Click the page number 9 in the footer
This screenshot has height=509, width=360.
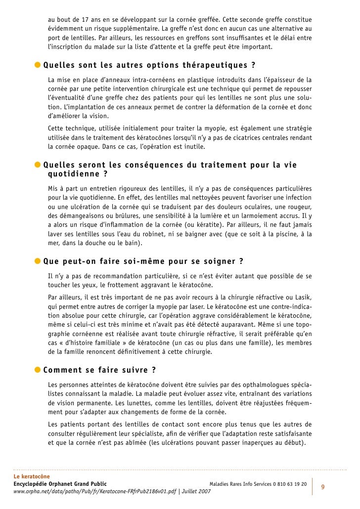pos(323,487)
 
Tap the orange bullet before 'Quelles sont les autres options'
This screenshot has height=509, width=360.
pos(38,66)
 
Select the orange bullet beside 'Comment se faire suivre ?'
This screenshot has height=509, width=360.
pos(38,370)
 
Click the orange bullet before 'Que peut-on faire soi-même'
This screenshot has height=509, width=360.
pos(38,260)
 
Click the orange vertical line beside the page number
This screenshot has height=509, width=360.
pos(314,486)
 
